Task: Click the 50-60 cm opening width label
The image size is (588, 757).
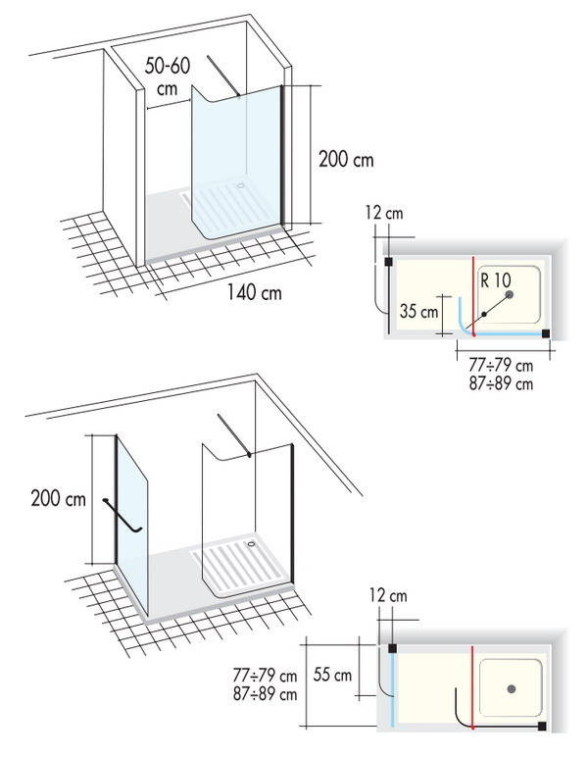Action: (168, 76)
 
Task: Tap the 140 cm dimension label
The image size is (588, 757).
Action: (254, 292)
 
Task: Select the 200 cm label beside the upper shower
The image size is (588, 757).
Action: (346, 159)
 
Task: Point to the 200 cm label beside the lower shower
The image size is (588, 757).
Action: (59, 498)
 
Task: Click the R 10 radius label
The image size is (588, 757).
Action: (495, 280)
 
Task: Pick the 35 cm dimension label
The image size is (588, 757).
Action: (418, 312)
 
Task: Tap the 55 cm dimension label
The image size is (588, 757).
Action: (332, 675)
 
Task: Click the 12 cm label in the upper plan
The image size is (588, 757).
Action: (384, 213)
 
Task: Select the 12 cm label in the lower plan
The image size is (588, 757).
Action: (388, 596)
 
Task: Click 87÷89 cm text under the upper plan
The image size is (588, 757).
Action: (501, 384)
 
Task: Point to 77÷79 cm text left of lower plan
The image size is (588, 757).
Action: (265, 676)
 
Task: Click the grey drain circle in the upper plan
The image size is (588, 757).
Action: (509, 294)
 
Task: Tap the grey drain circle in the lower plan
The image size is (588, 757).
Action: (512, 689)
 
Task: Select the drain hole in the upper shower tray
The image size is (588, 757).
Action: (241, 185)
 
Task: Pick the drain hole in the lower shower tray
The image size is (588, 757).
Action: (251, 544)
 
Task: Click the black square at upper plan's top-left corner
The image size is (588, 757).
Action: (388, 262)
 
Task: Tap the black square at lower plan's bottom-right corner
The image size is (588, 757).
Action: (542, 726)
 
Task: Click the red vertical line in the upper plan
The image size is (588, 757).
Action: (473, 296)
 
